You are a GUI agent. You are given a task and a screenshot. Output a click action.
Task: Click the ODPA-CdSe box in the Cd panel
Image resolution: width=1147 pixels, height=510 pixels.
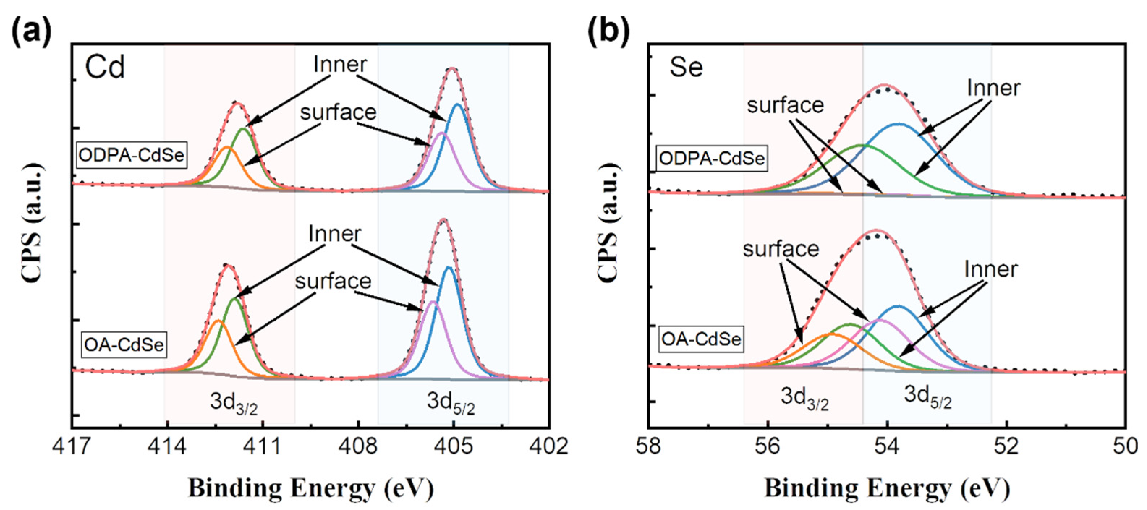[131, 155]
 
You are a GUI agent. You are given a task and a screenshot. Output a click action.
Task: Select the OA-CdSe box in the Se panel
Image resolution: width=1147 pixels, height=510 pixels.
[701, 339]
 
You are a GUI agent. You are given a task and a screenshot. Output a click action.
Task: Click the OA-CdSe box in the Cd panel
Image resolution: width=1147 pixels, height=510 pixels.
[124, 345]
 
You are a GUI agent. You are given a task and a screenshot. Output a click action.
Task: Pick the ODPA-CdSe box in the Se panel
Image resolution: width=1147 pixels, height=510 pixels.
[711, 158]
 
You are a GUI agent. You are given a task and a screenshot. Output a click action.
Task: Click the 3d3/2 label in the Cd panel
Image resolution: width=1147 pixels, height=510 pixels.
[234, 403]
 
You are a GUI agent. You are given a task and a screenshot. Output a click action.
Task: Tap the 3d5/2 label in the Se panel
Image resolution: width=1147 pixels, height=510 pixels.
[927, 396]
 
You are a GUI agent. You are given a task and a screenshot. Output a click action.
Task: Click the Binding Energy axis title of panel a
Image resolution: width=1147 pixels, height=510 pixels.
[311, 489]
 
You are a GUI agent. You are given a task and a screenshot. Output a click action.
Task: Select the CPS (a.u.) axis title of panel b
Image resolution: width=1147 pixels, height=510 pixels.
[608, 223]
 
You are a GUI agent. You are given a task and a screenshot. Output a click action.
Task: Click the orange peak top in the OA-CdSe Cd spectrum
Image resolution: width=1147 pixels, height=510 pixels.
[218, 320]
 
